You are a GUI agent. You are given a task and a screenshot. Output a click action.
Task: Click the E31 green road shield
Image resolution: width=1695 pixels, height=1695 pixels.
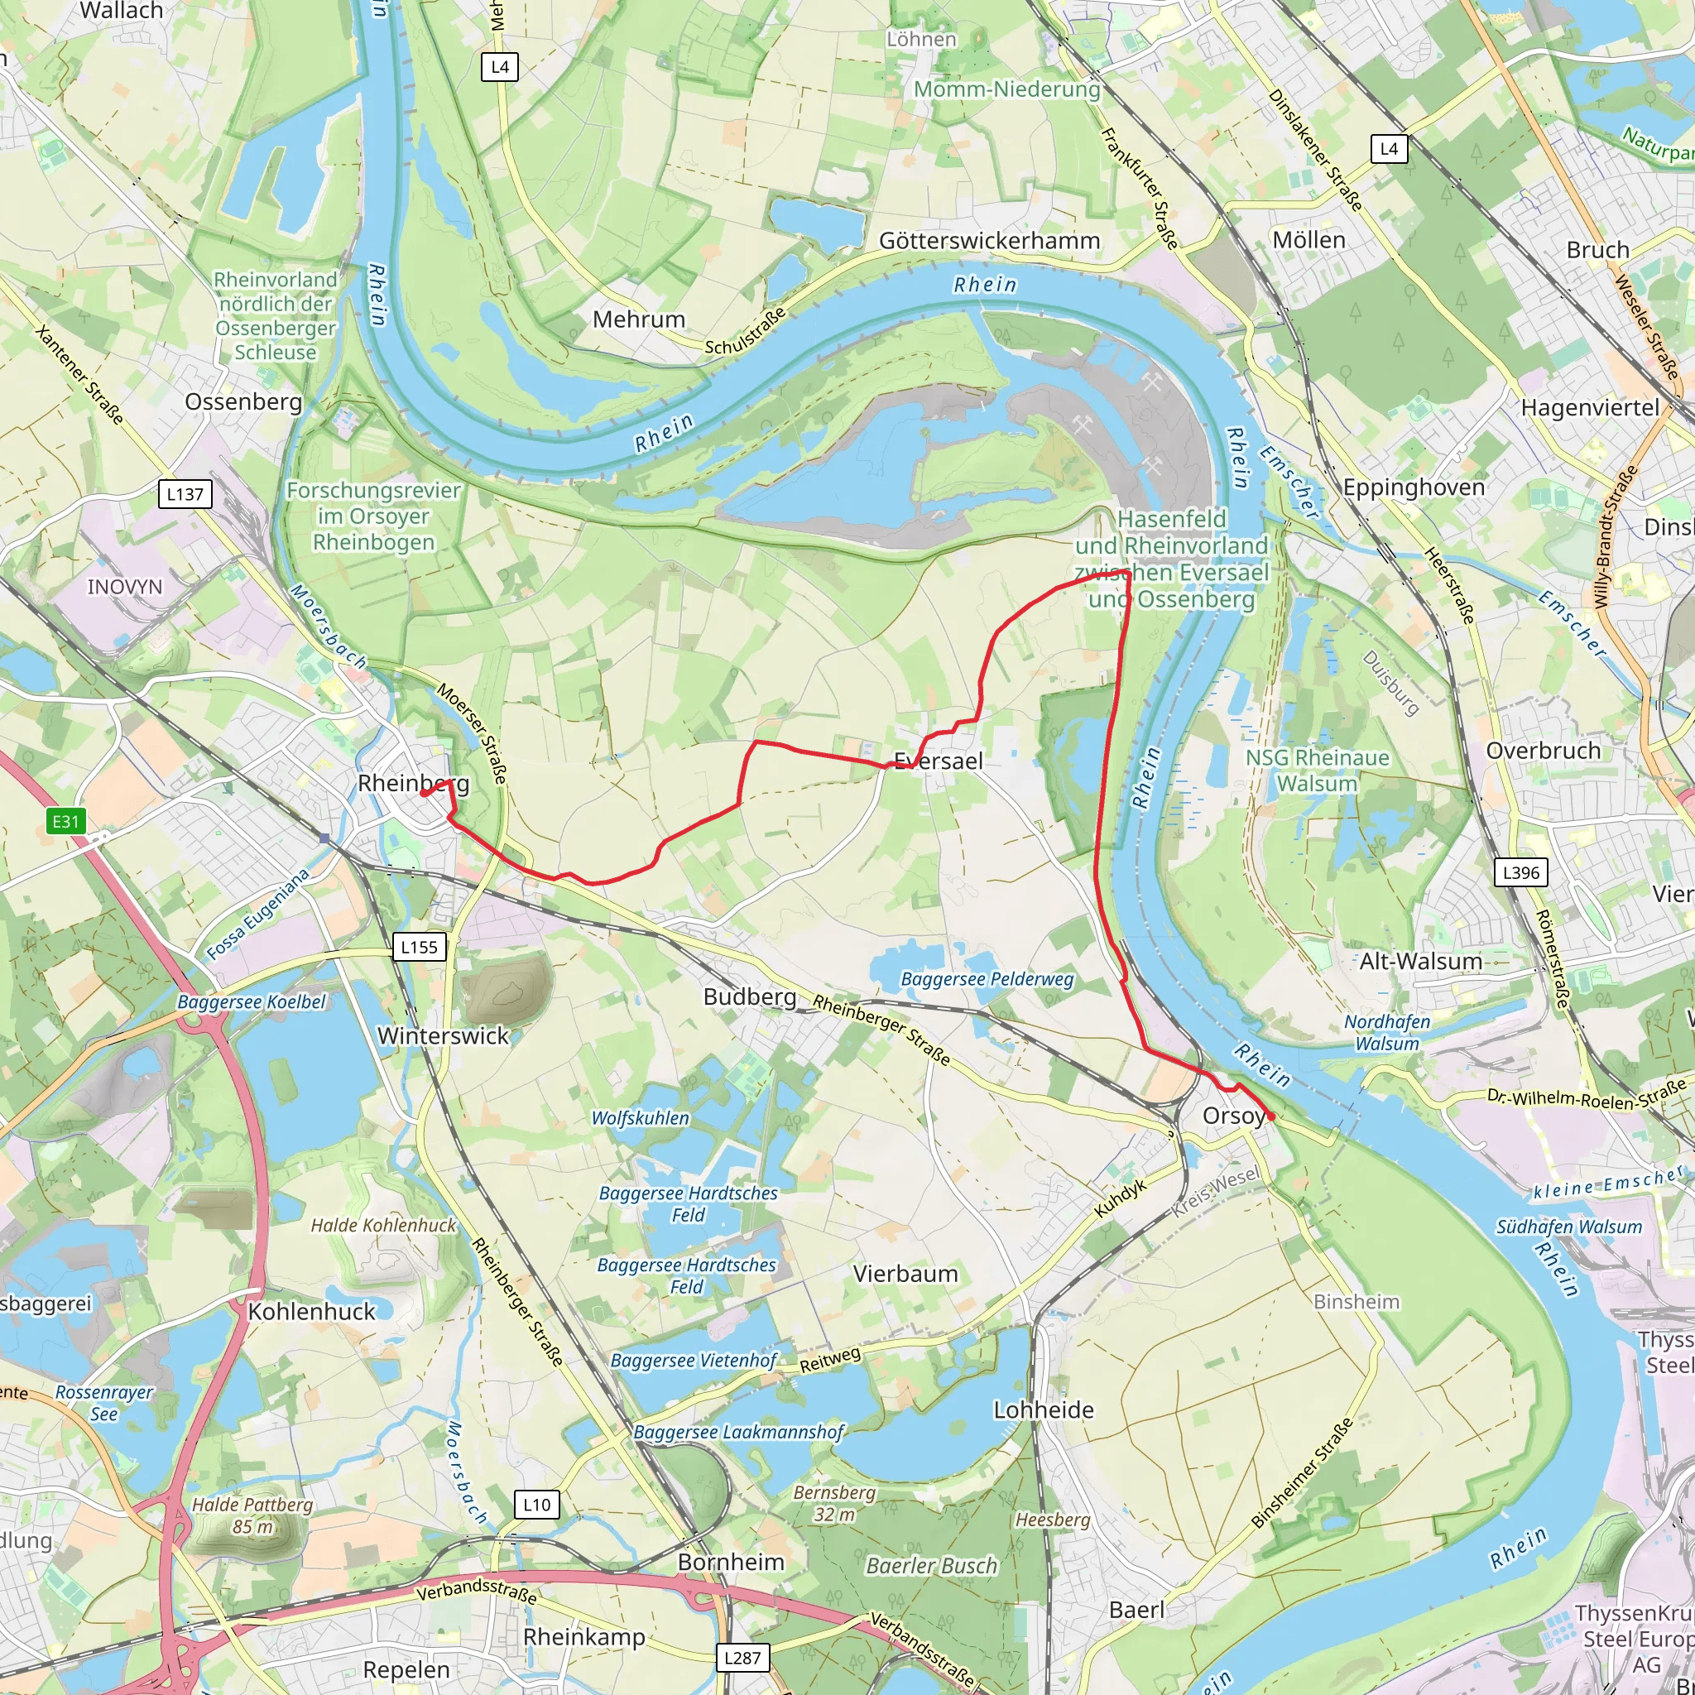click(66, 821)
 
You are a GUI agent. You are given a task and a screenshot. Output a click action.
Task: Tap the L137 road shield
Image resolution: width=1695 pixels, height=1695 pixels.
click(185, 494)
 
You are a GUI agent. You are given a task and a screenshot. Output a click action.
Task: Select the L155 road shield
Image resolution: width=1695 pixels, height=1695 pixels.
click(419, 947)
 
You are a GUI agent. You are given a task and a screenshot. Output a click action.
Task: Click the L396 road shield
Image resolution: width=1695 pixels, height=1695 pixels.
click(1520, 872)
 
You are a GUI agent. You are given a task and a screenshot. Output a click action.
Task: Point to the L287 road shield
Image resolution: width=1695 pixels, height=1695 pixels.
click(742, 1657)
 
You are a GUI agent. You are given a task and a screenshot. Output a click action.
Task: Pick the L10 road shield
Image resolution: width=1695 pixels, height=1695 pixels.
click(536, 1504)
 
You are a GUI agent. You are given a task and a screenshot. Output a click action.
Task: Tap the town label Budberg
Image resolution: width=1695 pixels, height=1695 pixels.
click(749, 996)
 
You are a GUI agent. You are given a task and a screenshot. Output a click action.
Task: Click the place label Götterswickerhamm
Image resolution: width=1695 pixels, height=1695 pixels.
click(989, 240)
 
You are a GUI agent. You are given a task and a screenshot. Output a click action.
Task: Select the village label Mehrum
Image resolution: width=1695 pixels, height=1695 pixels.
click(639, 319)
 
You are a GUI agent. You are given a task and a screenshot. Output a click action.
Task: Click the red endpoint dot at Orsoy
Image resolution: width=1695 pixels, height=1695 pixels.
click(1270, 1116)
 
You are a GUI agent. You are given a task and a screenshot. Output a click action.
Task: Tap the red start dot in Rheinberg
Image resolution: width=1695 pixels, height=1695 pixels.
click(423, 793)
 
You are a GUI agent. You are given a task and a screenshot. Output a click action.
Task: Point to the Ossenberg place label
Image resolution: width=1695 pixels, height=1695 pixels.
click(243, 401)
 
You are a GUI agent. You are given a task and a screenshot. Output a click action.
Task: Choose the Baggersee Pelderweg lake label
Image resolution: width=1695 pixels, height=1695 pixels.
click(987, 979)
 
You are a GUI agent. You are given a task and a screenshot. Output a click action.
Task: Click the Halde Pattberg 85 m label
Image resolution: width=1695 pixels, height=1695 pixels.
click(252, 1515)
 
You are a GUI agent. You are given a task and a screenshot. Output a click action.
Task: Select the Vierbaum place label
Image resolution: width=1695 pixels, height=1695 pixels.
click(905, 1273)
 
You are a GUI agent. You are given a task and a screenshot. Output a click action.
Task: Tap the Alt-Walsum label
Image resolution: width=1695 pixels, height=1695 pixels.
click(1420, 961)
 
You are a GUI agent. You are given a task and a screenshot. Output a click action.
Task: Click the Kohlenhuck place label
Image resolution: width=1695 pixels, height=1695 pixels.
click(311, 1312)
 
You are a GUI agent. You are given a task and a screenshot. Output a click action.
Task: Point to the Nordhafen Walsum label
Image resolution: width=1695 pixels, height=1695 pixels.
click(1387, 1033)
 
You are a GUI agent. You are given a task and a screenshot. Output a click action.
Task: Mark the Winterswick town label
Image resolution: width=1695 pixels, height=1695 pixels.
click(443, 1036)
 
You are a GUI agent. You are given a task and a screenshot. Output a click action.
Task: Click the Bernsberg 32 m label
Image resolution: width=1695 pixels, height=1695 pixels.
click(834, 1503)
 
